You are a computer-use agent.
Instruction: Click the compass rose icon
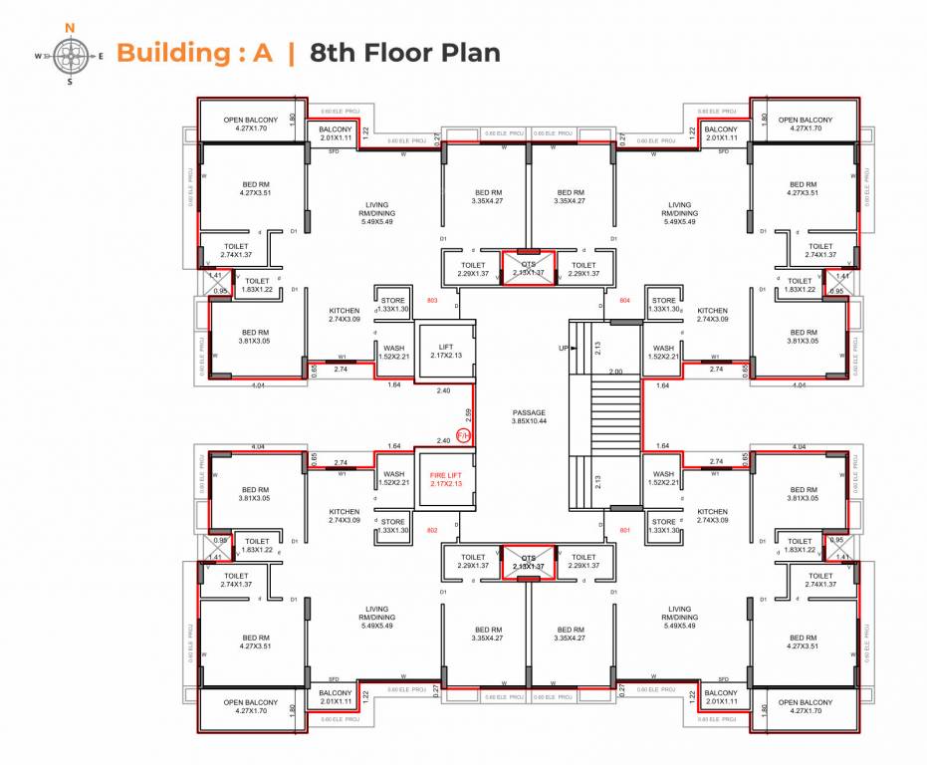coord(70,55)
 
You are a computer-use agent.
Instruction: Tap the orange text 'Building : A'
coord(194,53)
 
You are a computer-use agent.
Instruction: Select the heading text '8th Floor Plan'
coord(404,53)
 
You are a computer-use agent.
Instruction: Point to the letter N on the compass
coord(69,28)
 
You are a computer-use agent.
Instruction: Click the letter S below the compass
coord(70,83)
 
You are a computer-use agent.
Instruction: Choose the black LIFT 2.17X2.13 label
coord(442,350)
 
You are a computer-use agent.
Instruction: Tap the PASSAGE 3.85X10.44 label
coord(529,416)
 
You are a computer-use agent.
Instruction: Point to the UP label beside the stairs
coord(564,349)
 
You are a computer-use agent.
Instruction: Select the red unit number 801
coord(625,530)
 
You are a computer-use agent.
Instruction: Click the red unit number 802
coord(432,530)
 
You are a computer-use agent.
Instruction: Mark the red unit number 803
coord(432,300)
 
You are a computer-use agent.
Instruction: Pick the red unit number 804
coord(625,300)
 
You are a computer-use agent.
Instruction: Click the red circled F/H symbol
coord(462,434)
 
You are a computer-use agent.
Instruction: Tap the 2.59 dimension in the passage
coord(467,411)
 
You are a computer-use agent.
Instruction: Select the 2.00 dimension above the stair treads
coord(615,372)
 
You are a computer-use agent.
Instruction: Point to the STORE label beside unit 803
coord(394,305)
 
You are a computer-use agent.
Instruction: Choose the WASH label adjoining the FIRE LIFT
coord(394,479)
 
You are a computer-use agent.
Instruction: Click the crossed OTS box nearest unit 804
coord(529,267)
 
